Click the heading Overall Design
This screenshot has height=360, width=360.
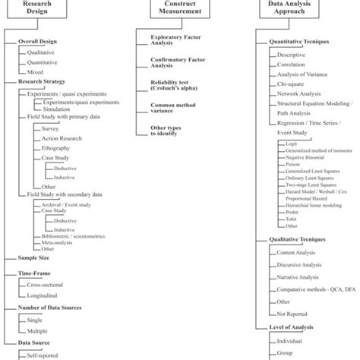[39, 41]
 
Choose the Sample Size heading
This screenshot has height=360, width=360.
[36, 258]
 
